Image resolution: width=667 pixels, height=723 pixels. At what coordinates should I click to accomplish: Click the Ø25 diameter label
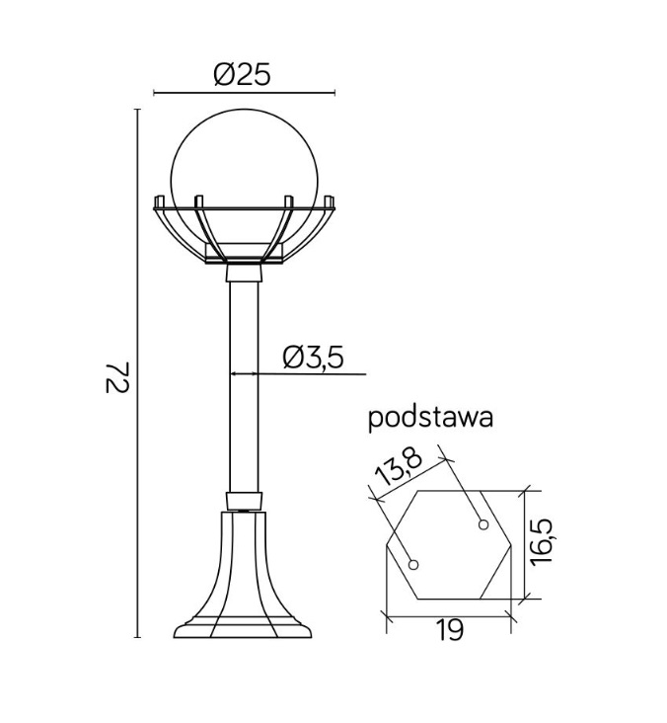coord(242,74)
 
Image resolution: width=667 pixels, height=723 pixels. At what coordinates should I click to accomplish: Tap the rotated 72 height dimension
coord(116,377)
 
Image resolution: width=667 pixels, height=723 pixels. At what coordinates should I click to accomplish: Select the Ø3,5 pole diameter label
coord(313,358)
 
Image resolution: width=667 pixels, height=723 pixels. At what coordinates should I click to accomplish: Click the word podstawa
coord(430,418)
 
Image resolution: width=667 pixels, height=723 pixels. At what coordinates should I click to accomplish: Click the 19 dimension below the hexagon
coord(449,630)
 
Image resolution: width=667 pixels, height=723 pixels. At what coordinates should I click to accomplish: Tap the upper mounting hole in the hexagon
coord(482,522)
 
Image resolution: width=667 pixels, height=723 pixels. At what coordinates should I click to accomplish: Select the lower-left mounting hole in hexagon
coord(413,565)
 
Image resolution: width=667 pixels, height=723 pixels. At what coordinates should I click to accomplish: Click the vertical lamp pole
coord(244,385)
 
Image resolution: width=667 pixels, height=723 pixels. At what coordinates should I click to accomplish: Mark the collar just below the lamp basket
coord(244,274)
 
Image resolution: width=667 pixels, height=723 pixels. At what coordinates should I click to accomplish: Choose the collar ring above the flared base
coord(244,500)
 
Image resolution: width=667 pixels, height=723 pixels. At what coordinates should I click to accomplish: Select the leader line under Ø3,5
coord(316,374)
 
